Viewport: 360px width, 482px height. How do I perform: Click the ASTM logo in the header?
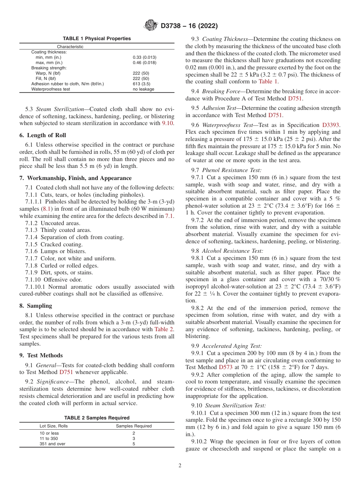[x=151, y=26]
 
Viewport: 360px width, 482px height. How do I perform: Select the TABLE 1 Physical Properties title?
[x=97, y=39]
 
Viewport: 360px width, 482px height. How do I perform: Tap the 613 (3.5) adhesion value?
[x=141, y=84]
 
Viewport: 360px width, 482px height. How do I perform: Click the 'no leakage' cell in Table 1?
[x=143, y=89]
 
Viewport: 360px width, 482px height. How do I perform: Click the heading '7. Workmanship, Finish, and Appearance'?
[x=75, y=178]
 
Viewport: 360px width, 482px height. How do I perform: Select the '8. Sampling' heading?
[x=36, y=306]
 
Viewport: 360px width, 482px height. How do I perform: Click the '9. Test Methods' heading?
[x=41, y=355]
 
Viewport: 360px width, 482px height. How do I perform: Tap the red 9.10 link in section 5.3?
[x=168, y=123]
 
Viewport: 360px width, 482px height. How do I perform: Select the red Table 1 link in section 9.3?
[x=268, y=81]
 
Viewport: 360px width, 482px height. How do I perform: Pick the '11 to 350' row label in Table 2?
[x=49, y=438]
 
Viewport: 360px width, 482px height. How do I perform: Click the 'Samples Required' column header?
[x=133, y=426]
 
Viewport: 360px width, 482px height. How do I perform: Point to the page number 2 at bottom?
[x=180, y=466]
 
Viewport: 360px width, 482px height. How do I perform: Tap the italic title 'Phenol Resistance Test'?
[x=231, y=170]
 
